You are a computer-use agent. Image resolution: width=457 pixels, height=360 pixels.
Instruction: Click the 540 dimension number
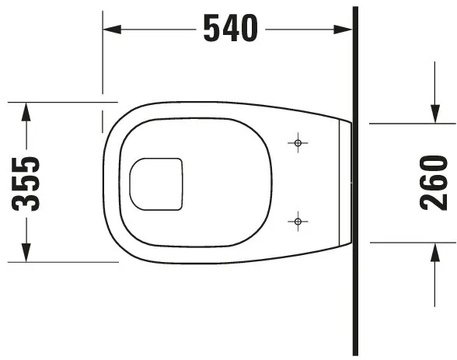pyautogui.click(x=229, y=29)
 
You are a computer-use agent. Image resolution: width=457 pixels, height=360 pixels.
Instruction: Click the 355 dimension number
pyautogui.click(x=29, y=183)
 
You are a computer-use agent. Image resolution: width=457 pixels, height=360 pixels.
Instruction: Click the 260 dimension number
pyautogui.click(x=434, y=183)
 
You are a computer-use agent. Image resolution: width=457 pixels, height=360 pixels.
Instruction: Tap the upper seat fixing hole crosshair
pyautogui.click(x=298, y=143)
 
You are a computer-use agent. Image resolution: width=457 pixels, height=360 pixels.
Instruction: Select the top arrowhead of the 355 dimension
pyautogui.click(x=26, y=110)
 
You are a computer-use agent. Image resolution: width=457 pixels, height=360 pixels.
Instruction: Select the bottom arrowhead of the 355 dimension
pyautogui.click(x=26, y=253)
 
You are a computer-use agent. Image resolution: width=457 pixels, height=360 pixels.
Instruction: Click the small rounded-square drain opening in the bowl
pyautogui.click(x=156, y=184)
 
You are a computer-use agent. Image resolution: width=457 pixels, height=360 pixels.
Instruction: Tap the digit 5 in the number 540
pyautogui.click(x=212, y=29)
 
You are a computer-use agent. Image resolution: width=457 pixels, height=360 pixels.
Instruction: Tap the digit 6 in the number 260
pyautogui.click(x=434, y=183)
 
